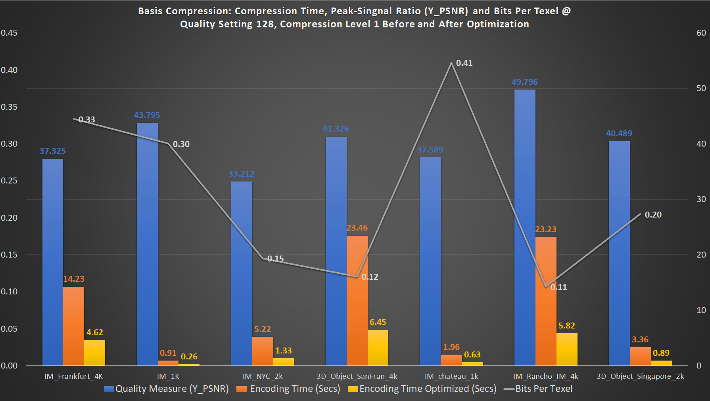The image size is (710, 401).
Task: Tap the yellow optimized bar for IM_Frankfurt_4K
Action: pos(94,352)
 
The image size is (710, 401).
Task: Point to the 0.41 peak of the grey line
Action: pos(451,63)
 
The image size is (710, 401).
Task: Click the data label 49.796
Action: pos(524,82)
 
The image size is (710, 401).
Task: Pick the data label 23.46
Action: pos(357,228)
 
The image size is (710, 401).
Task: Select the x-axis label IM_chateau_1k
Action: pos(451,376)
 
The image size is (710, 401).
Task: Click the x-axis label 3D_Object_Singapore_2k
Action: pos(640,376)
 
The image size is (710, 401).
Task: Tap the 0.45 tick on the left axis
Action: pos(9,33)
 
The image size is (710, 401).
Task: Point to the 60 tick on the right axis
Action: pos(701,33)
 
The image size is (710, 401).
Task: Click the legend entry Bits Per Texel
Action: pos(543,389)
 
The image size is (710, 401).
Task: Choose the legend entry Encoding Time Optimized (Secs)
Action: pos(428,389)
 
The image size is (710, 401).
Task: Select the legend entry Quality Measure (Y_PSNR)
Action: pos(172,389)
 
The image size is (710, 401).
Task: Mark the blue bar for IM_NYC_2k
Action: pos(242,273)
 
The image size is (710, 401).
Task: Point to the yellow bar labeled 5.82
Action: pos(566,349)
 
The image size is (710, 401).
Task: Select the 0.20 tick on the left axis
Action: pos(9,218)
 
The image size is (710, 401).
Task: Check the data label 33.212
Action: pos(241,174)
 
